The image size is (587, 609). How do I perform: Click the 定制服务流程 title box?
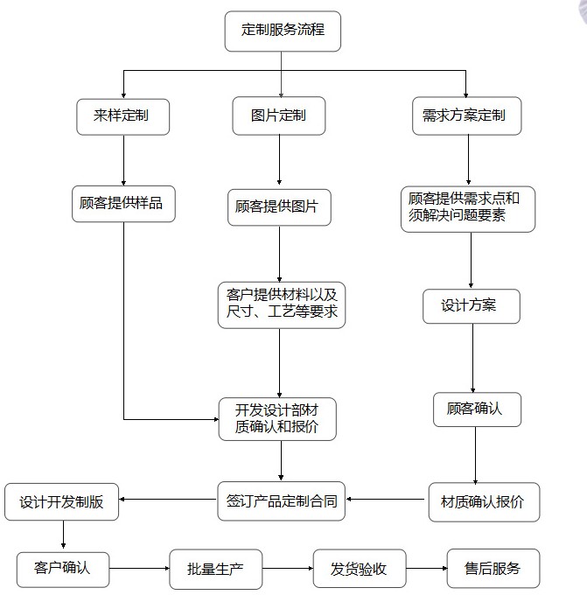282,31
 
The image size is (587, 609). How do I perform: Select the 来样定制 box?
123,116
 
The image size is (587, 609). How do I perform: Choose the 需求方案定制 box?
466,116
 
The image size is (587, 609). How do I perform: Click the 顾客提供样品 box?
123,203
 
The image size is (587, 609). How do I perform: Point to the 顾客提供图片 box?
279,208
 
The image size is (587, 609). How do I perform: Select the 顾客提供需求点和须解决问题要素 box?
468,208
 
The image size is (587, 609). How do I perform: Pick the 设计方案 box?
471,305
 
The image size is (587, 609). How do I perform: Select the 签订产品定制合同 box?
281,501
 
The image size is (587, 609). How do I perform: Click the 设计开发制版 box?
61,502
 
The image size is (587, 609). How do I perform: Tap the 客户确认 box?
63,569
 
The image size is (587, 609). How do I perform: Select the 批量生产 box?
215,570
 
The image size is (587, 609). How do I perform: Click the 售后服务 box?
493,569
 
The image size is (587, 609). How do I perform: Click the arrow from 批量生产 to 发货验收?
288,570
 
